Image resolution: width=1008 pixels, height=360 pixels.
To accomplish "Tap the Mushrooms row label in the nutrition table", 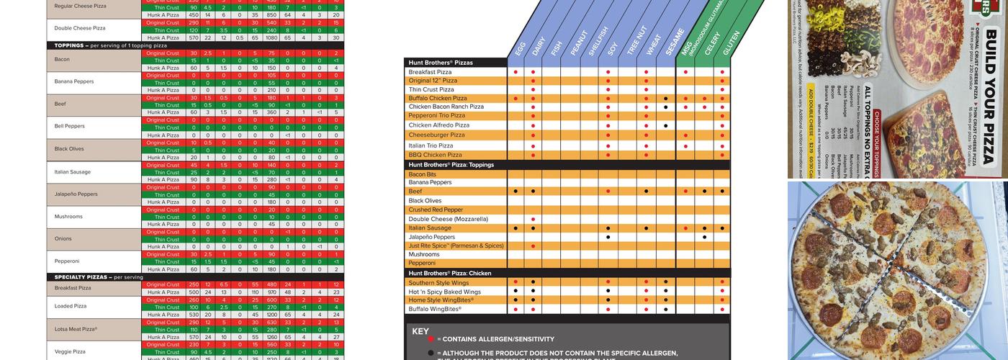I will point(68,217).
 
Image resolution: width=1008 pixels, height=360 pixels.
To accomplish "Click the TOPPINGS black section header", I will point(70,45).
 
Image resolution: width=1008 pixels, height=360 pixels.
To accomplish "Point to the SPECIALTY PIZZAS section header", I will point(81,277).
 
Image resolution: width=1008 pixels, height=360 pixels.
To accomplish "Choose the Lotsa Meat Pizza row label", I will point(76,329).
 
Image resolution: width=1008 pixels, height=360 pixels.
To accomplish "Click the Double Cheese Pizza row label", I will point(80,28).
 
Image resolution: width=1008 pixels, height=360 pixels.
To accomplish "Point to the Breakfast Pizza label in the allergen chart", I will point(430,72).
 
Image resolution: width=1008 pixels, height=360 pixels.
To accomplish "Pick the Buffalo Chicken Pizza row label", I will point(438,98).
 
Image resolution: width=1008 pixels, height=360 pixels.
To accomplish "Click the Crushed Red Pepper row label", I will point(436,210).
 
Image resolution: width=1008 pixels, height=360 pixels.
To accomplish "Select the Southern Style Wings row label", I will point(438,283).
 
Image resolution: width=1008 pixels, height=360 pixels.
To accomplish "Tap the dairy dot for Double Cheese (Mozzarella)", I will point(533,219).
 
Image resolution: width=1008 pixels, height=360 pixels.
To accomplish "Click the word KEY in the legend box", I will point(420,332).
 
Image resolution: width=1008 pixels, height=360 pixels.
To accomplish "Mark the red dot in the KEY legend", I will point(431,339).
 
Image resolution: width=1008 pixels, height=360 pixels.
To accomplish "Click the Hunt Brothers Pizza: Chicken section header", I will point(450,274).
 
